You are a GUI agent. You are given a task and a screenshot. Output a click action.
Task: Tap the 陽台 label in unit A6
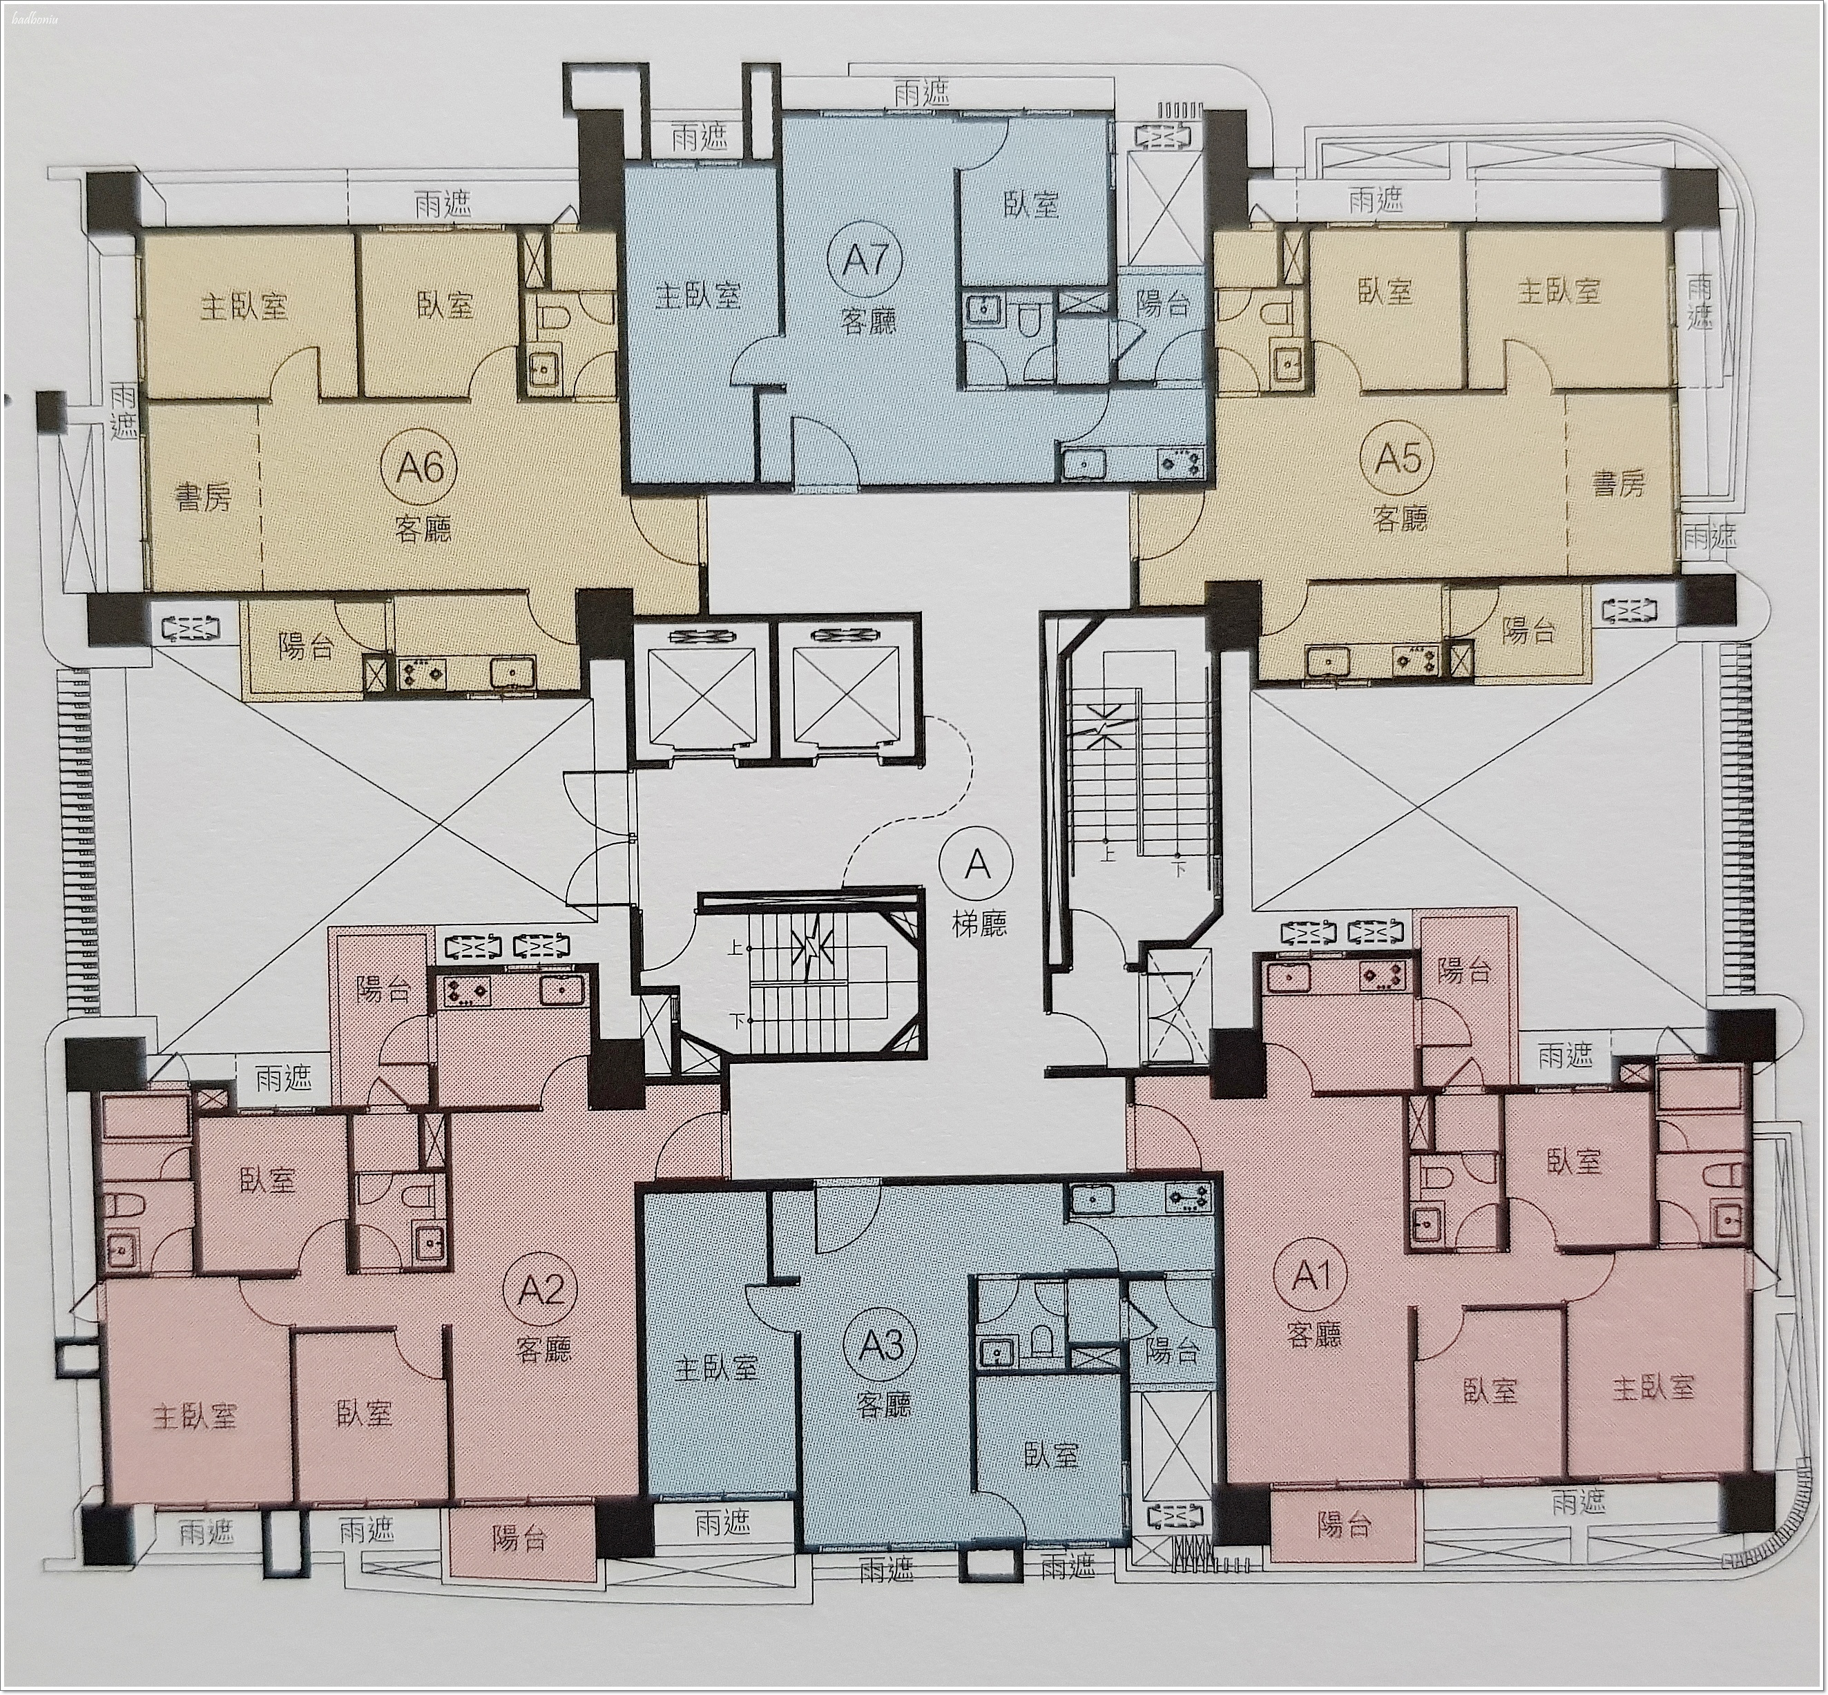(x=305, y=647)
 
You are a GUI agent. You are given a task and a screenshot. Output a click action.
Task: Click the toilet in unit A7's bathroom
(x=1026, y=318)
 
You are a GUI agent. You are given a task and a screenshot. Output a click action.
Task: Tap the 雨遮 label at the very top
(x=921, y=93)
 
